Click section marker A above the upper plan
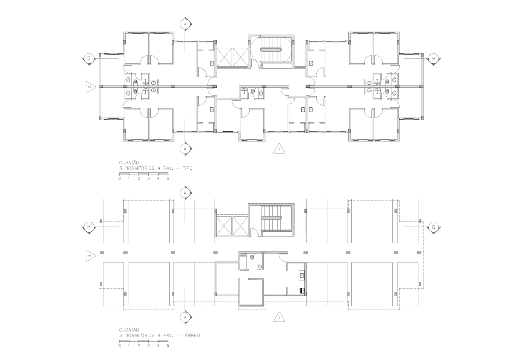pos(185,24)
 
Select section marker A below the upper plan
pos(185,149)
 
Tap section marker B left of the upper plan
pos(88,59)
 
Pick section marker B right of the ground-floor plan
pos(433,227)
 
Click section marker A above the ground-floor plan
pos(185,193)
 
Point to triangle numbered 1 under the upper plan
pos(279,149)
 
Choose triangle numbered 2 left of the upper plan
pos(90,87)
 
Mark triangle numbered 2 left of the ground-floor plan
pos(90,256)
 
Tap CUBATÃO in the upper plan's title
pos(129,162)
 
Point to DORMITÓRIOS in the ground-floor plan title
pos(140,335)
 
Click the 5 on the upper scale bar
pos(168,178)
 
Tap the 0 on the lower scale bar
pos(120,346)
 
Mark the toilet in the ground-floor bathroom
pos(252,257)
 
